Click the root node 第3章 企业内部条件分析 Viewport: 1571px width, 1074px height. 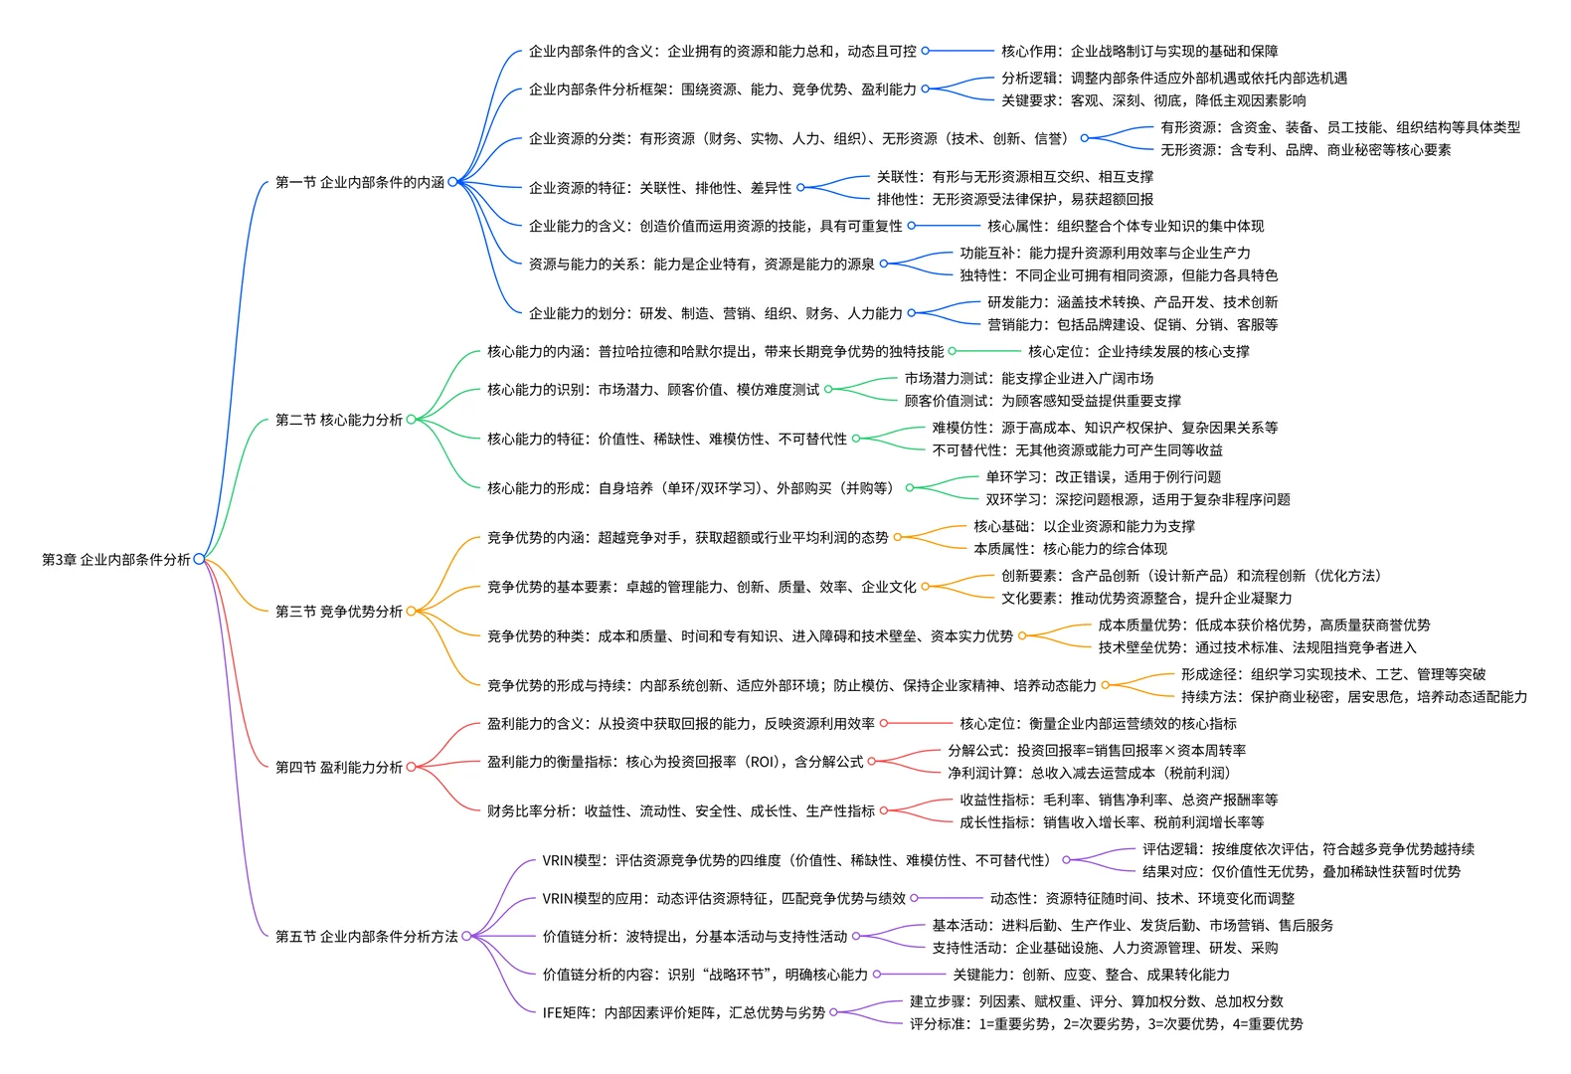tap(115, 560)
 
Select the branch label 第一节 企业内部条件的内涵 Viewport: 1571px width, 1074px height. tap(360, 182)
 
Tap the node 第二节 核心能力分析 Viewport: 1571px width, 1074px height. tap(339, 420)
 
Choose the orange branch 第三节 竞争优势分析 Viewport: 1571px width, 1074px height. tap(339, 611)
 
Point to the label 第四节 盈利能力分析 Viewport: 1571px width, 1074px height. tap(339, 767)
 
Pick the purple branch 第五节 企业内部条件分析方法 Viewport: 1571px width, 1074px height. tap(367, 937)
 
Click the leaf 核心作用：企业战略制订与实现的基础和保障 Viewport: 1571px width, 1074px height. tap(1139, 51)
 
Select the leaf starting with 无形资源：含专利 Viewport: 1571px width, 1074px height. tap(1306, 149)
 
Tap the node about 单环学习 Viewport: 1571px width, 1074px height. tap(1104, 477)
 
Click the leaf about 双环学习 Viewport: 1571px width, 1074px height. tap(1138, 499)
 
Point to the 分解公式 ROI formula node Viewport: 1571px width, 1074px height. tap(1097, 751)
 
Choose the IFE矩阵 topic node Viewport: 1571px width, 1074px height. tap(684, 1012)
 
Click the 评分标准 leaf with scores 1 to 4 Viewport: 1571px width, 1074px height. tap(1107, 1024)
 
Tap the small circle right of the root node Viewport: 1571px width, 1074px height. tap(199, 559)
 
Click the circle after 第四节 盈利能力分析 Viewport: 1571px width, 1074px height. tap(411, 767)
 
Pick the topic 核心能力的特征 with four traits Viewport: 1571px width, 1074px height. tap(668, 440)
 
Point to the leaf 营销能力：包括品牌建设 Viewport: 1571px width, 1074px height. tap(1133, 325)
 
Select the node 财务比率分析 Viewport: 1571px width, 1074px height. tap(681, 810)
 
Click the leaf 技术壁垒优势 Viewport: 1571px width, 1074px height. tap(1258, 647)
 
